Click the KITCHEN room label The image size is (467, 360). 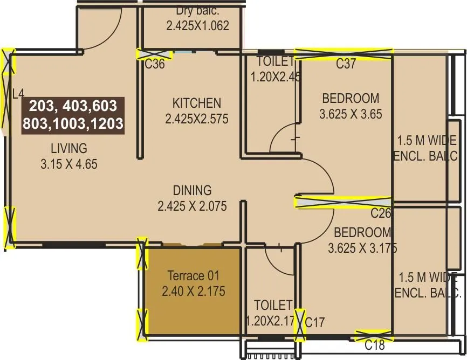[196, 103]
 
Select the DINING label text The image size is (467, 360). [192, 190]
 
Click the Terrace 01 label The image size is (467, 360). [194, 276]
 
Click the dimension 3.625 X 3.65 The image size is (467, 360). [351, 114]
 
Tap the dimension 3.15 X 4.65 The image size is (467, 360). [68, 164]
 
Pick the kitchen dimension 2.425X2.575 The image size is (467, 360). [196, 119]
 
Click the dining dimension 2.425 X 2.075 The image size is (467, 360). [192, 206]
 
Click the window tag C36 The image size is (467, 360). [155, 65]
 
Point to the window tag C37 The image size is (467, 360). [346, 64]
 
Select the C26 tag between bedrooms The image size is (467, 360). [380, 213]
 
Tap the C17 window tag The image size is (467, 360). [315, 323]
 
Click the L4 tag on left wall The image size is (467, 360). [18, 94]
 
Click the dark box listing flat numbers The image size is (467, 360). [73, 115]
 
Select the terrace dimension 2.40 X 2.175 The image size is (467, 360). [194, 292]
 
